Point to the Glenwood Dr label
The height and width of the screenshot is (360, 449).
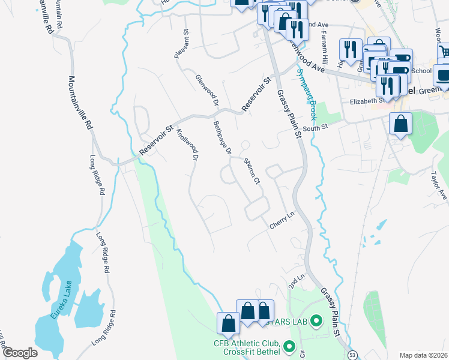(206, 90)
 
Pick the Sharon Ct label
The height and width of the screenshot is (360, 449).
(251, 171)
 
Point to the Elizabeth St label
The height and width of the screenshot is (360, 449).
(367, 101)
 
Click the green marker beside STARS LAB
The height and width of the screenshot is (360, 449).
(318, 322)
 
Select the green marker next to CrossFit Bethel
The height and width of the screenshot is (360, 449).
(289, 347)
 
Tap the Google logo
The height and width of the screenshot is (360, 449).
(20, 352)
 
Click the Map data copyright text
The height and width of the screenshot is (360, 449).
(424, 355)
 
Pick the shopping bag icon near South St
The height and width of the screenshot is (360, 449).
(400, 125)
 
